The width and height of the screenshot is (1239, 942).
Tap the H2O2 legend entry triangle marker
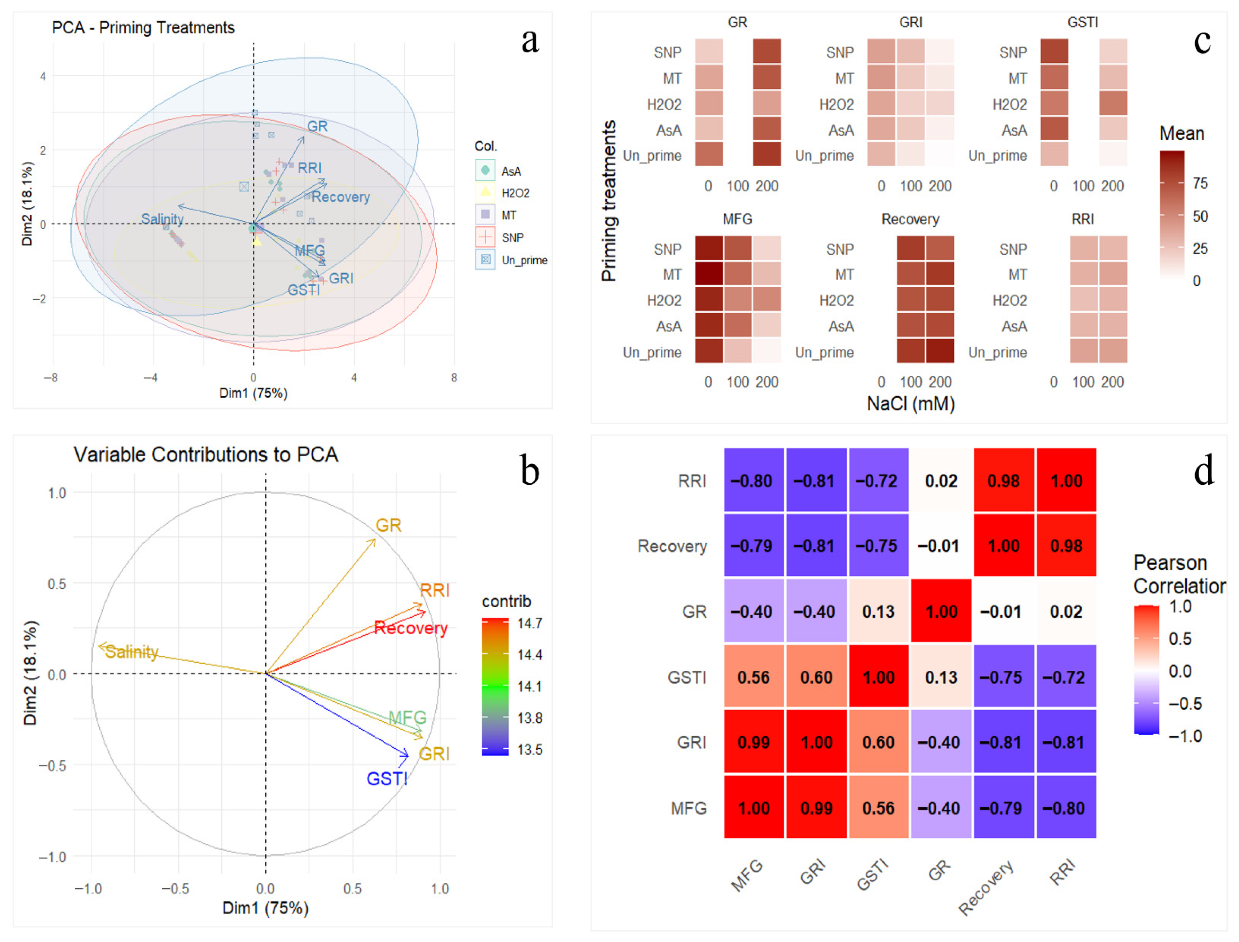coord(485,192)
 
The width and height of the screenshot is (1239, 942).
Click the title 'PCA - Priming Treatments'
coord(143,27)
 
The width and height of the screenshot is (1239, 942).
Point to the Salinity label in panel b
coord(132,652)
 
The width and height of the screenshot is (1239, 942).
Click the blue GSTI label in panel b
coord(387,779)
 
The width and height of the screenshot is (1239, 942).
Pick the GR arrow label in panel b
coord(388,525)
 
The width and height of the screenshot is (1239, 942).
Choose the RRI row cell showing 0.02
coord(941,481)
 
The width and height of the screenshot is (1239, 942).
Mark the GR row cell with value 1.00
coord(941,612)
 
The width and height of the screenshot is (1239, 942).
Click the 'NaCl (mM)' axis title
coord(911,404)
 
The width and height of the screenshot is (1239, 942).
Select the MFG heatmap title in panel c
coord(737,219)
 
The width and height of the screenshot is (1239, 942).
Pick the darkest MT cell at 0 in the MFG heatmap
coord(709,275)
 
